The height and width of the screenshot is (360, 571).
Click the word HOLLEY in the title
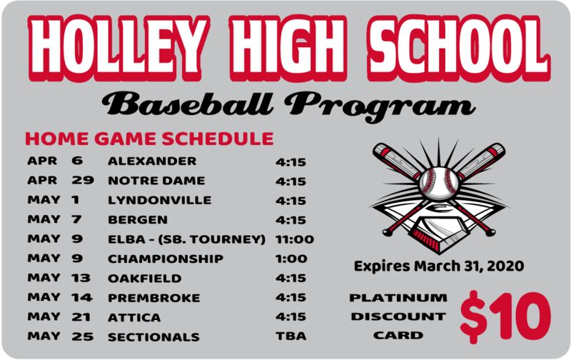pyautogui.click(x=119, y=47)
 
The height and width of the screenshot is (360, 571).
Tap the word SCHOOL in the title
pyautogui.click(x=459, y=47)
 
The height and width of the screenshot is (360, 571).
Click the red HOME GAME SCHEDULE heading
pyautogui.click(x=149, y=139)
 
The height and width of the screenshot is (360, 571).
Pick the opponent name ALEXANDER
pyautogui.click(x=152, y=161)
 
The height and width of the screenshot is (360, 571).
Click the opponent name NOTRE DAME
pyautogui.click(x=156, y=181)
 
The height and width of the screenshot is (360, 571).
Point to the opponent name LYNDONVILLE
pyautogui.click(x=159, y=200)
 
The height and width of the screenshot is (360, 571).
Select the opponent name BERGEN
pyautogui.click(x=138, y=220)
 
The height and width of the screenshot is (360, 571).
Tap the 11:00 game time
pyautogui.click(x=295, y=239)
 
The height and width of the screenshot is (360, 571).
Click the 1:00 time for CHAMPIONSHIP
pyautogui.click(x=291, y=259)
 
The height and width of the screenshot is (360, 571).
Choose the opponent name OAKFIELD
pyautogui.click(x=145, y=279)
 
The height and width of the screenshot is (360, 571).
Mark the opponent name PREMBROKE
pyautogui.click(x=154, y=298)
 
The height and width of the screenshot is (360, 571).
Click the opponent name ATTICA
pyautogui.click(x=134, y=317)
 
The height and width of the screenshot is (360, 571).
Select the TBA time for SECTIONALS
pyautogui.click(x=291, y=336)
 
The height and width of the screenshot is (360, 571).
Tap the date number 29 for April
pyautogui.click(x=83, y=180)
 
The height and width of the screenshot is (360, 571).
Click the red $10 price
pyautogui.click(x=505, y=316)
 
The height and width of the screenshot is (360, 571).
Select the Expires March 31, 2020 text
pyautogui.click(x=439, y=266)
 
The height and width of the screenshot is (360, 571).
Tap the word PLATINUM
pyautogui.click(x=398, y=298)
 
